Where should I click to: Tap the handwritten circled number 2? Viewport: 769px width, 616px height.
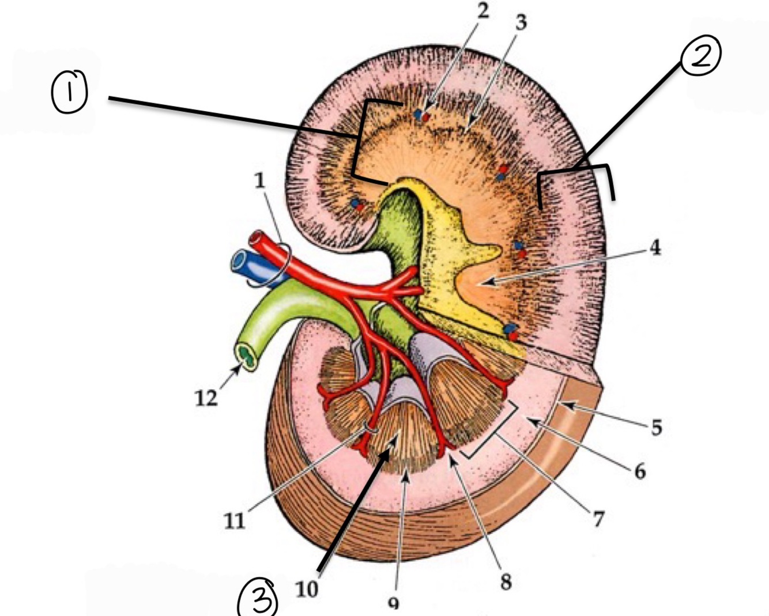(700, 55)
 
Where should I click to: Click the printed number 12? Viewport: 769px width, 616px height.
(206, 397)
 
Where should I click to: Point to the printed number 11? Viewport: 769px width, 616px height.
(234, 520)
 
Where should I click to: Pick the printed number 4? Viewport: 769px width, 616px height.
(654, 248)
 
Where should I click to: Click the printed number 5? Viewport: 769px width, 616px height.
(656, 427)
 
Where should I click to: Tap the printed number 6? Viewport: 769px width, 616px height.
(640, 471)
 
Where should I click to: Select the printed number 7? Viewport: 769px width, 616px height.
(598, 519)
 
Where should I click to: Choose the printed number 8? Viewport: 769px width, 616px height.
(506, 581)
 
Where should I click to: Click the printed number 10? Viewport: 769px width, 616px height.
(307, 589)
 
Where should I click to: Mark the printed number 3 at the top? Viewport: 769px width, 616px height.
(521, 22)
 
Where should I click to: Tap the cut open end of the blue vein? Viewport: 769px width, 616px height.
(239, 262)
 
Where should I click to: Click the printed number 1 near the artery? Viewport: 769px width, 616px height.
(259, 180)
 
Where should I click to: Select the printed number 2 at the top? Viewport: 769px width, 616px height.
(482, 10)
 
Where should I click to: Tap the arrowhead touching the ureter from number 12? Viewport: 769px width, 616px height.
(238, 369)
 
